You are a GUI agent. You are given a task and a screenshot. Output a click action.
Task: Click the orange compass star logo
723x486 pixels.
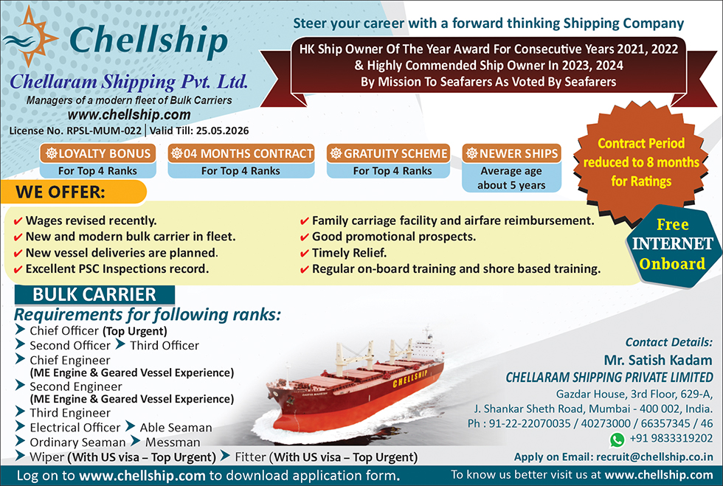coord(31,37)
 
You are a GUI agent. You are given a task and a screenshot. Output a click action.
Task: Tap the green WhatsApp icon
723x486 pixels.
coord(617,440)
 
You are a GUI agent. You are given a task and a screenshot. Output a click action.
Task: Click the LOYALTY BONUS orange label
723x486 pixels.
coord(97,153)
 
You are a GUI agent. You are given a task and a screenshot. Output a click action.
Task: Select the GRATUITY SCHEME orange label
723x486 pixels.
coord(389,153)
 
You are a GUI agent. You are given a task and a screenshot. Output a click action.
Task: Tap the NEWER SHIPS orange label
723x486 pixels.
coord(512,153)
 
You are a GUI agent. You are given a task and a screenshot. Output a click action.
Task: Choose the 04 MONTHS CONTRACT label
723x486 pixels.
coord(241,153)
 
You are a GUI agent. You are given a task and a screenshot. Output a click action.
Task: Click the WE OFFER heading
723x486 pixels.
coord(60,192)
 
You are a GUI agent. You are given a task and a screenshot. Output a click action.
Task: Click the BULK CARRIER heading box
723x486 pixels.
coord(94,295)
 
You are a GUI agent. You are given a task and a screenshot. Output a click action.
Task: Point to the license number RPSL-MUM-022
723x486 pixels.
coord(104,131)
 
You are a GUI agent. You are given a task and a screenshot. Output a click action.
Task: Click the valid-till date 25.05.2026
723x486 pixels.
coord(222,131)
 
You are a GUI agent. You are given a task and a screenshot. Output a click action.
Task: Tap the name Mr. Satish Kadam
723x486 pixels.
coord(658,360)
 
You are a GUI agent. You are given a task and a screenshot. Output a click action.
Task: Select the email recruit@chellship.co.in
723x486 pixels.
coord(655,457)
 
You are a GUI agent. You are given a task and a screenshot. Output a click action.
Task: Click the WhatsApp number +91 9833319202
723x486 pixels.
coord(671,438)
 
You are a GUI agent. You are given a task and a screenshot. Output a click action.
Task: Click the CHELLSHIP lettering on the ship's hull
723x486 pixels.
coord(410,378)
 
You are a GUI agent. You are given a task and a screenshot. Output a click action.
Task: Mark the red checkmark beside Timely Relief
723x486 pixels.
coord(304,254)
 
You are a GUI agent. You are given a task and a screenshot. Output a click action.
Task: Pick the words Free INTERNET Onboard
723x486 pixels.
coord(672,244)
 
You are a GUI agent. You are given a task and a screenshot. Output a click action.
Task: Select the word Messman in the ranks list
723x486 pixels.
coord(173,442)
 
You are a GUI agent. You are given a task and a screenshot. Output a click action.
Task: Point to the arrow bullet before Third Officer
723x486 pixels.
coord(120,344)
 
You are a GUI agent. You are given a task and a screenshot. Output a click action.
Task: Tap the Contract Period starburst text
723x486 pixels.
coord(641,162)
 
